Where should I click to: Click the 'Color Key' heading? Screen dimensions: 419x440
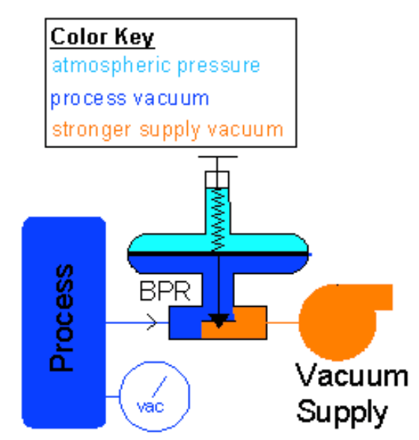pyautogui.click(x=103, y=37)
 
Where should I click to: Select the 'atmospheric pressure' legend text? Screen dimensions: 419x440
pyautogui.click(x=156, y=66)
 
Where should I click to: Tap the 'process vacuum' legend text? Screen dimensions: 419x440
pyautogui.click(x=129, y=99)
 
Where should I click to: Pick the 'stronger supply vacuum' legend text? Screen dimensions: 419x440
pyautogui.click(x=168, y=130)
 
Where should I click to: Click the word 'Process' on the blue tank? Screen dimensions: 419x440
pyautogui.click(x=61, y=318)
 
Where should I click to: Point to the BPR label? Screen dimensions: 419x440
pyautogui.click(x=165, y=291)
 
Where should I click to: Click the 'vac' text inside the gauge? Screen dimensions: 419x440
pyautogui.click(x=150, y=406)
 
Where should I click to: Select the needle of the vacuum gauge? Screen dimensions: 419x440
pyautogui.click(x=159, y=386)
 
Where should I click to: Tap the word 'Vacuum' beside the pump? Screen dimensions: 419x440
pyautogui.click(x=352, y=375)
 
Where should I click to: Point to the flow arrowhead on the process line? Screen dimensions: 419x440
pyautogui.click(x=152, y=323)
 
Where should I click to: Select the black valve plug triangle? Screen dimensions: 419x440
pyautogui.click(x=219, y=320)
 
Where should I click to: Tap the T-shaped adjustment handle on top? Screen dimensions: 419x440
pyautogui.click(x=218, y=165)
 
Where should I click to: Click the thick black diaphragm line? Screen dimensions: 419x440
pyautogui.click(x=218, y=254)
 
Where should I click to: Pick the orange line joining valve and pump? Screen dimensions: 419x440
pyautogui.click(x=283, y=323)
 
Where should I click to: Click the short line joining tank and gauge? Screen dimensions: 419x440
pyautogui.click(x=113, y=397)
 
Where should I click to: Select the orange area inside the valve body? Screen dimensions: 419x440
pyautogui.click(x=234, y=327)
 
